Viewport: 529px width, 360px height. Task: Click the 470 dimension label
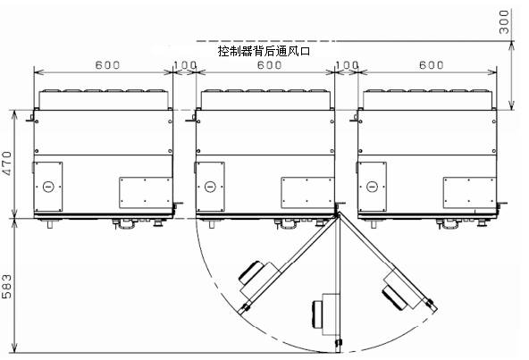pos(6,163)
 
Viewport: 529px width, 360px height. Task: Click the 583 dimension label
pos(6,286)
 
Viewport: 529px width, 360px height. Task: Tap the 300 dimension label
pos(504,22)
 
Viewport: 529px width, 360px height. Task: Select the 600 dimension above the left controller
pos(107,65)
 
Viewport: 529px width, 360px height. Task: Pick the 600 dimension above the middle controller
pos(269,65)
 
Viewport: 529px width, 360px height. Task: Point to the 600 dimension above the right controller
pos(432,65)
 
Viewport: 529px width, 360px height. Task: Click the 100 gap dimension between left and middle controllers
pos(185,65)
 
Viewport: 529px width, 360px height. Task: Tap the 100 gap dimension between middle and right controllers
pos(347,65)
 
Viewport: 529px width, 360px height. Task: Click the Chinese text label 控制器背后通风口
pos(264,51)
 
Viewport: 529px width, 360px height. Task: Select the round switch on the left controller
pos(48,186)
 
